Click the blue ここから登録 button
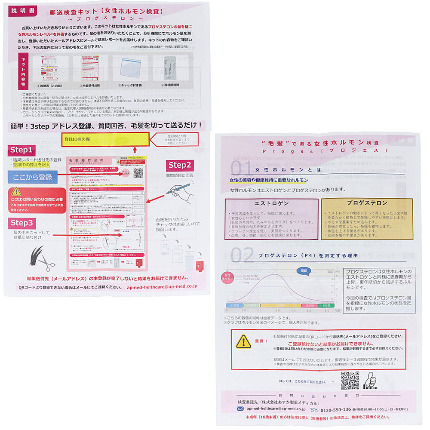[32, 177]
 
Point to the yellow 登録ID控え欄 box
[105, 140]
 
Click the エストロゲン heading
[271, 203]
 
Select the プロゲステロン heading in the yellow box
[367, 203]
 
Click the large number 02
[243, 255]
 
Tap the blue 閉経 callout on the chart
[304, 271]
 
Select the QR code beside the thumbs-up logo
[350, 380]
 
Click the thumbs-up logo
[371, 381]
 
